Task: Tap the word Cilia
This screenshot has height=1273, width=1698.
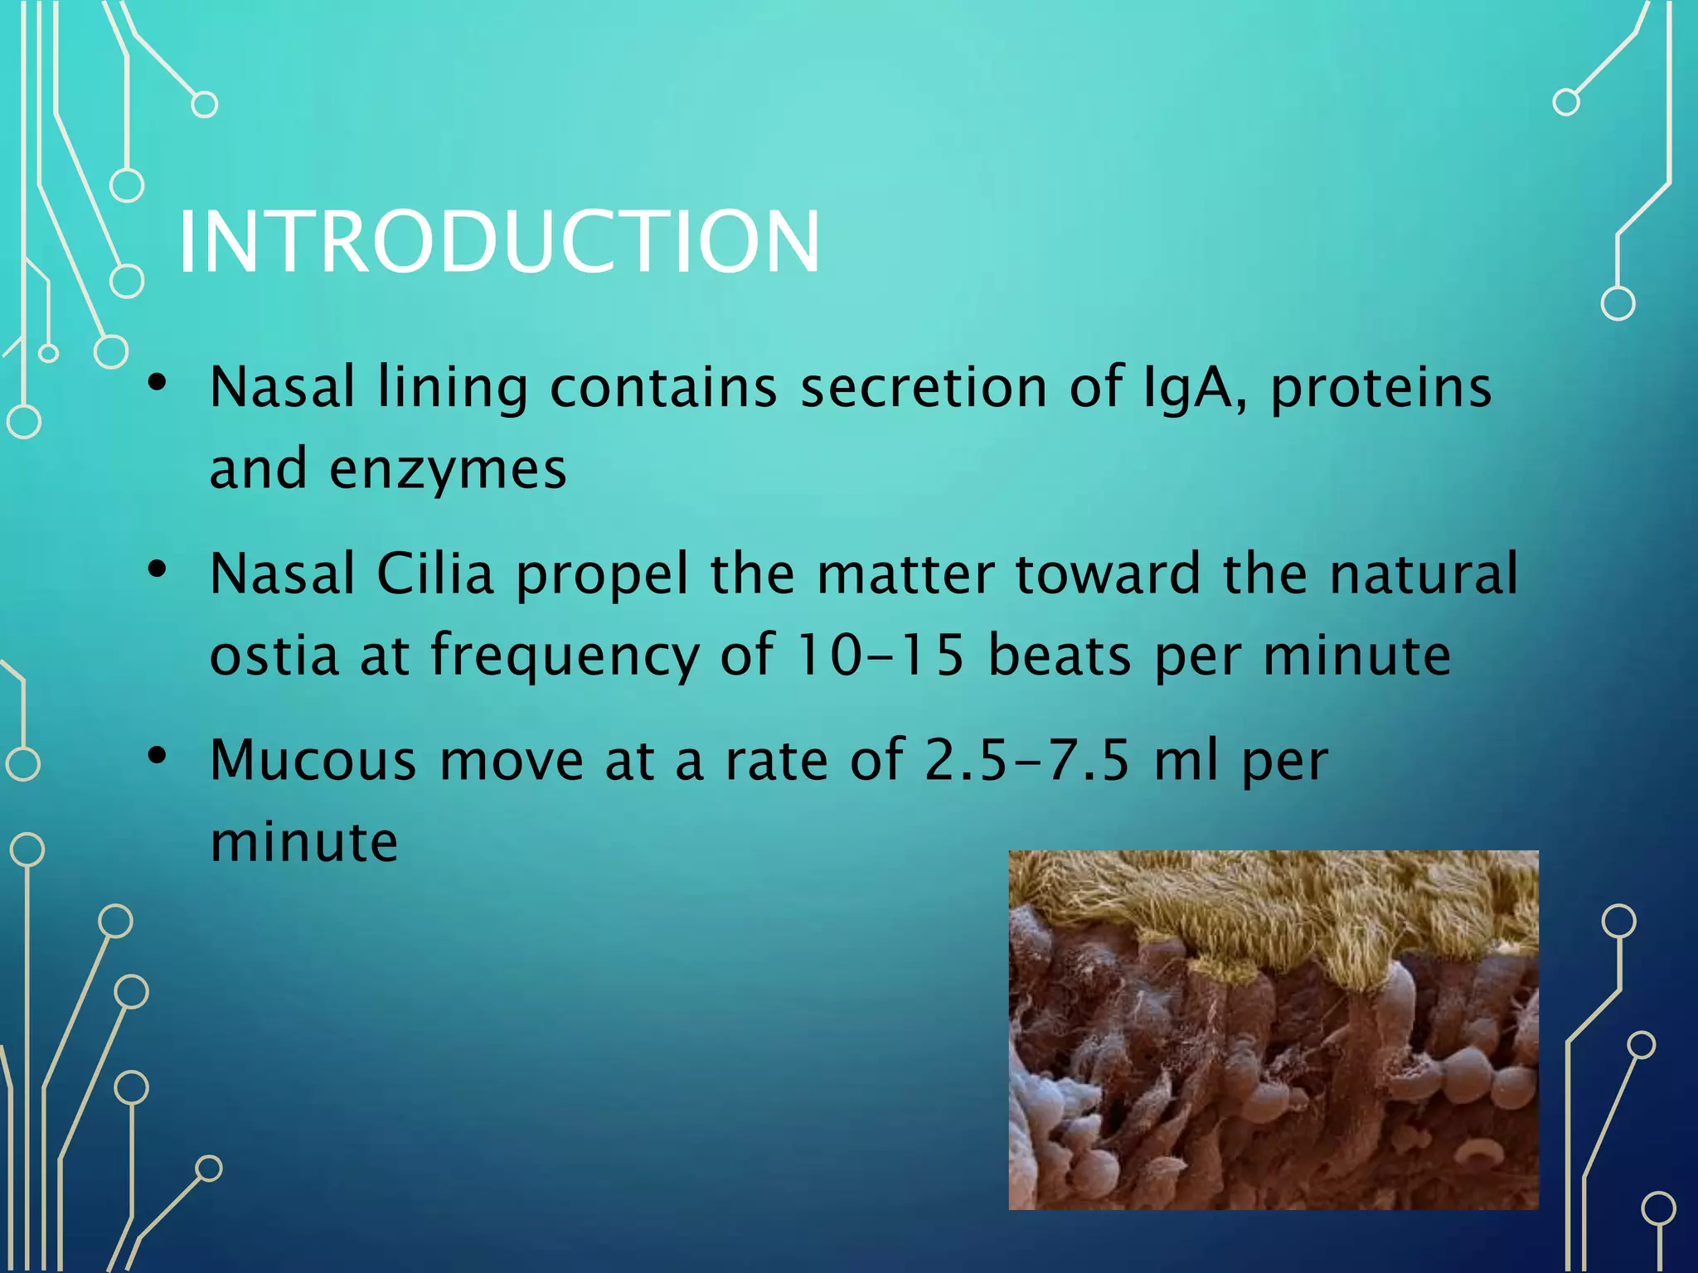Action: pyautogui.click(x=435, y=574)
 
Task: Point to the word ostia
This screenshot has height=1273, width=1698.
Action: pyautogui.click(x=274, y=655)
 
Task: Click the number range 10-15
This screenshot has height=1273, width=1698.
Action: pyautogui.click(x=879, y=655)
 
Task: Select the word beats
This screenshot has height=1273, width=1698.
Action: pyautogui.click(x=1060, y=655)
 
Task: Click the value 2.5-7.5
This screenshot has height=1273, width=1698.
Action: pyautogui.click(x=1026, y=759)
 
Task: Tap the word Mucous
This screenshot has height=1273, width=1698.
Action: pyautogui.click(x=313, y=759)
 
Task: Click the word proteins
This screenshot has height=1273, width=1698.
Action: pyautogui.click(x=1381, y=388)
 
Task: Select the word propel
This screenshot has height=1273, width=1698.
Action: pyautogui.click(x=602, y=575)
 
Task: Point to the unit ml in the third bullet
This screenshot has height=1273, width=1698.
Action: pyautogui.click(x=1186, y=759)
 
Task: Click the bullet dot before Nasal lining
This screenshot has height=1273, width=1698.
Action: pyautogui.click(x=158, y=383)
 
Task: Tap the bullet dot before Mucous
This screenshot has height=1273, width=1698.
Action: pyautogui.click(x=158, y=755)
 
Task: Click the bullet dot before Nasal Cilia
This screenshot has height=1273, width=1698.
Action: pyautogui.click(x=158, y=569)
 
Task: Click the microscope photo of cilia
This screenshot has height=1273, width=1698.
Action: pyautogui.click(x=1273, y=1029)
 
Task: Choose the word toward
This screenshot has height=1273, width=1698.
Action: pyautogui.click(x=1108, y=574)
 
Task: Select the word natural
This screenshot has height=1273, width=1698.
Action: pyautogui.click(x=1424, y=574)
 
